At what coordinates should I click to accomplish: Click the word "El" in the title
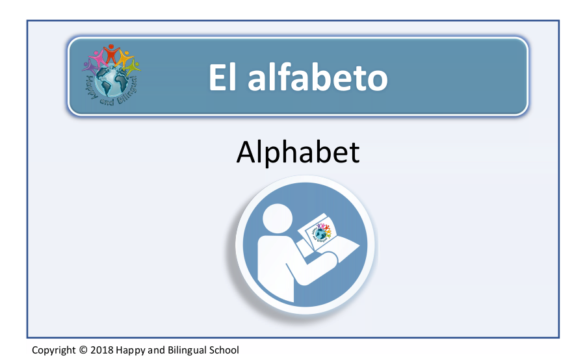coord(222,77)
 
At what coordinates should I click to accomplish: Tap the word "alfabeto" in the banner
coord(318,77)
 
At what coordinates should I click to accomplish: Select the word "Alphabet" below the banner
coord(298,152)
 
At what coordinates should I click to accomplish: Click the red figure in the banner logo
coord(110,53)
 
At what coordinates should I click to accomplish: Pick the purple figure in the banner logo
coord(90,68)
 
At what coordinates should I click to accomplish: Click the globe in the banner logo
coord(111,81)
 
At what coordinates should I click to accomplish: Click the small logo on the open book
coord(321,232)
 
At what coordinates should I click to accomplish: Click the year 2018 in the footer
coord(102,350)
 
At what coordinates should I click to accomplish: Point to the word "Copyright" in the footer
coord(54,350)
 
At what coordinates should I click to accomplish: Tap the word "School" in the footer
coord(224,350)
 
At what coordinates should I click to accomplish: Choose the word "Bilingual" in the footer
coord(187,350)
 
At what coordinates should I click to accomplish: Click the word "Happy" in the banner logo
coord(91,86)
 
